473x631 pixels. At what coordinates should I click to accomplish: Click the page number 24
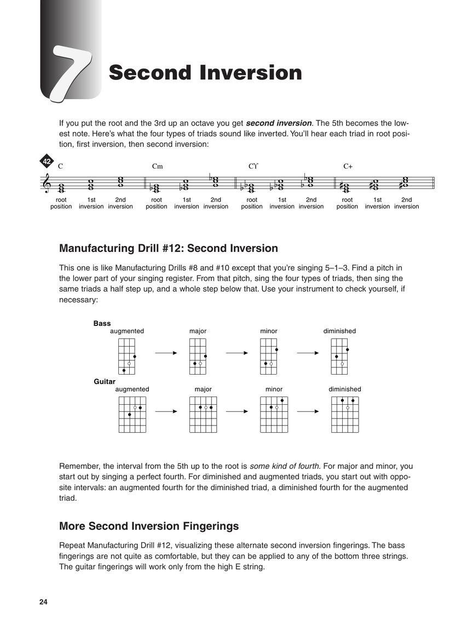[x=44, y=602]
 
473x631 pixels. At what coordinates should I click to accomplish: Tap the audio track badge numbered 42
[x=47, y=162]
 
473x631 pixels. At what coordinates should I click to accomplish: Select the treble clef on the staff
[x=47, y=183]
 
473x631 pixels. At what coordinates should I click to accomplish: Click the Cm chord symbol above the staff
[x=157, y=167]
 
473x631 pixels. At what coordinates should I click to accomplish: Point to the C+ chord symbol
[x=348, y=167]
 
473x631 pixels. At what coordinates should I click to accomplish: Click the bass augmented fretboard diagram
[x=126, y=356]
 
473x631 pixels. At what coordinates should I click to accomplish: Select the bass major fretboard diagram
[x=198, y=356]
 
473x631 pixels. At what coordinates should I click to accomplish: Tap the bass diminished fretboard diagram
[x=339, y=356]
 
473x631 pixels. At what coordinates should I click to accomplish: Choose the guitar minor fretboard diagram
[x=274, y=415]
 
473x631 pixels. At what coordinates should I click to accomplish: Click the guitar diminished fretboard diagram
[x=345, y=415]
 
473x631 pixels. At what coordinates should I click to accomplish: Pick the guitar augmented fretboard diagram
[x=132, y=415]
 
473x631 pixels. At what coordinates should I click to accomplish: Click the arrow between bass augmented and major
[x=166, y=353]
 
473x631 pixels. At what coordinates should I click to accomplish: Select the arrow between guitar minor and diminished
[x=308, y=411]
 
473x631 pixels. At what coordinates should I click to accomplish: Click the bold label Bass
[x=102, y=324]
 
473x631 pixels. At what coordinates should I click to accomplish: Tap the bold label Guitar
[x=104, y=381]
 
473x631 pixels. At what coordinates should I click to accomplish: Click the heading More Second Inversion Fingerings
[x=149, y=526]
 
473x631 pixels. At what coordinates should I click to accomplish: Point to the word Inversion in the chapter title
[x=251, y=73]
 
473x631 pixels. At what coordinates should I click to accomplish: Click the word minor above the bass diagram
[x=269, y=331]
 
